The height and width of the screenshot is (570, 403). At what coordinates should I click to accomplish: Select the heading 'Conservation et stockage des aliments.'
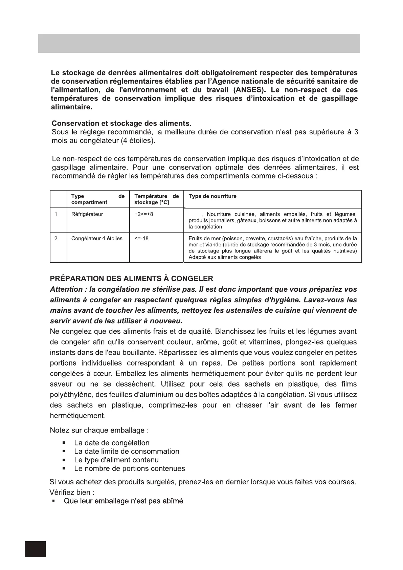click(121, 124)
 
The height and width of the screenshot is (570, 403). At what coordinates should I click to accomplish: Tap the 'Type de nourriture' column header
click(212, 196)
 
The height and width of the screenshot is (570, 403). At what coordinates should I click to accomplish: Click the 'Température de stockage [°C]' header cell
click(156, 199)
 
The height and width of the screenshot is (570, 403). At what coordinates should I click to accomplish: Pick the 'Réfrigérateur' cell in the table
click(87, 214)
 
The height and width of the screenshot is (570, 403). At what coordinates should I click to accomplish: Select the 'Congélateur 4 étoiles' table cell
click(97, 239)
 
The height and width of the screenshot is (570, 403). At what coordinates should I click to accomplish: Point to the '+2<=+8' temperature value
click(144, 214)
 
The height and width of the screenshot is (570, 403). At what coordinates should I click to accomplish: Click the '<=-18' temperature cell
click(141, 239)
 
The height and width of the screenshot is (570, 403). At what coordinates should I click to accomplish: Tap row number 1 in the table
click(56, 214)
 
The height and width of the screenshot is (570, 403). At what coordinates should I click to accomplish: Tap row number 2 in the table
click(56, 239)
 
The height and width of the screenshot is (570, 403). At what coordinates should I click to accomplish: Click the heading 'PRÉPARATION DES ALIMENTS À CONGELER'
click(132, 279)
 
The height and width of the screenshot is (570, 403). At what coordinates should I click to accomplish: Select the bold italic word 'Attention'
click(66, 290)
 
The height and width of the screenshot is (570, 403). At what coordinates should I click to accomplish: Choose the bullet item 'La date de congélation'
click(112, 443)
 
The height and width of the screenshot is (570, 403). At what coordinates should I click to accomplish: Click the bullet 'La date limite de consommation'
click(127, 452)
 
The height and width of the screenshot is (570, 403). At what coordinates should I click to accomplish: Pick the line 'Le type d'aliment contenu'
click(116, 460)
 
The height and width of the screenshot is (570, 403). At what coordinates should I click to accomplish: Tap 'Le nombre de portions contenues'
click(130, 469)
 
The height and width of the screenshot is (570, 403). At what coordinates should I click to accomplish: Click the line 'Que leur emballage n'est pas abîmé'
click(124, 501)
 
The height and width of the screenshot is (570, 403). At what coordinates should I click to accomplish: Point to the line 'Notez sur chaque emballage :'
click(99, 431)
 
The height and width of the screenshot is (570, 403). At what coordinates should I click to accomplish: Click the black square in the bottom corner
click(35, 549)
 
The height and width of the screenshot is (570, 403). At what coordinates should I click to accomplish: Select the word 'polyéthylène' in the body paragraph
click(71, 395)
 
